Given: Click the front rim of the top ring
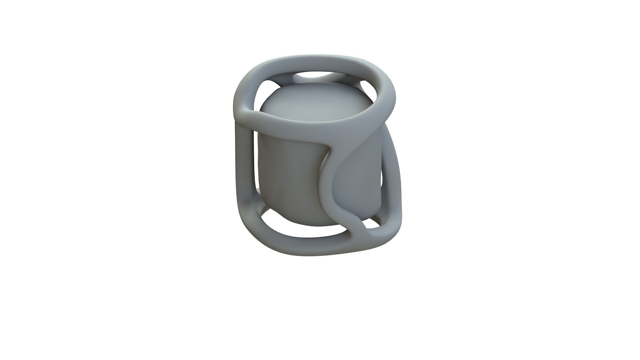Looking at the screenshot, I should point(300,125).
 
